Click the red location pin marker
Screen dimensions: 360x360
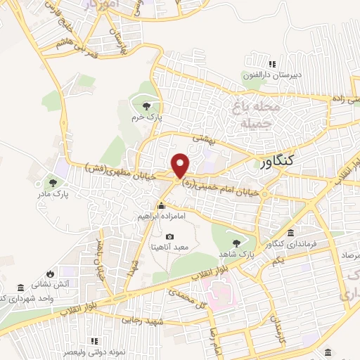181,165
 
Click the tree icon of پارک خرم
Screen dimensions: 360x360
146,106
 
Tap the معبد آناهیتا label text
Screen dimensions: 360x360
168,247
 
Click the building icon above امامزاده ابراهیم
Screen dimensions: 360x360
162,207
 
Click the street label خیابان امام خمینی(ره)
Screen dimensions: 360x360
226,187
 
